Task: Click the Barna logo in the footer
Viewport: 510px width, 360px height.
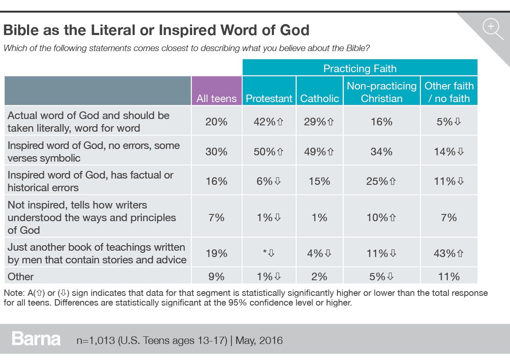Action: click(36, 339)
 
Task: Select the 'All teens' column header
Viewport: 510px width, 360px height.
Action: click(217, 98)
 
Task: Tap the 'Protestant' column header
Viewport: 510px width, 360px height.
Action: click(269, 98)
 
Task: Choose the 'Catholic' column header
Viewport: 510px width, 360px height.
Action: click(320, 98)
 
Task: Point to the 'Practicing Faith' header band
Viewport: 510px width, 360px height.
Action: click(360, 68)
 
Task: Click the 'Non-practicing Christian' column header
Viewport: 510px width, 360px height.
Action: click(382, 92)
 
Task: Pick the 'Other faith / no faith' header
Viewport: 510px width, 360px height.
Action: click(449, 92)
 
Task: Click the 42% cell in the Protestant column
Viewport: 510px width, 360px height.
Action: click(269, 122)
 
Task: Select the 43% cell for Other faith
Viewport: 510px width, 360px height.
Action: click(449, 253)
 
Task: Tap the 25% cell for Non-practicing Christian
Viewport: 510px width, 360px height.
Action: click(382, 181)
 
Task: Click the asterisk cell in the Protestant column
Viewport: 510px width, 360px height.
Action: click(269, 253)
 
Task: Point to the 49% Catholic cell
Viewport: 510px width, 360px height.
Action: click(320, 152)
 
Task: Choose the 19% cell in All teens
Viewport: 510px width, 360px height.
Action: click(217, 253)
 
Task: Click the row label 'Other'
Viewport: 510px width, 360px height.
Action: click(21, 277)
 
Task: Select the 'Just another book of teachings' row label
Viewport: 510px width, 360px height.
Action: click(97, 253)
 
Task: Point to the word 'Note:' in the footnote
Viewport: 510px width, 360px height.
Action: click(14, 293)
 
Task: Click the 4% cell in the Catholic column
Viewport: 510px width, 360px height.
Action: click(320, 253)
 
